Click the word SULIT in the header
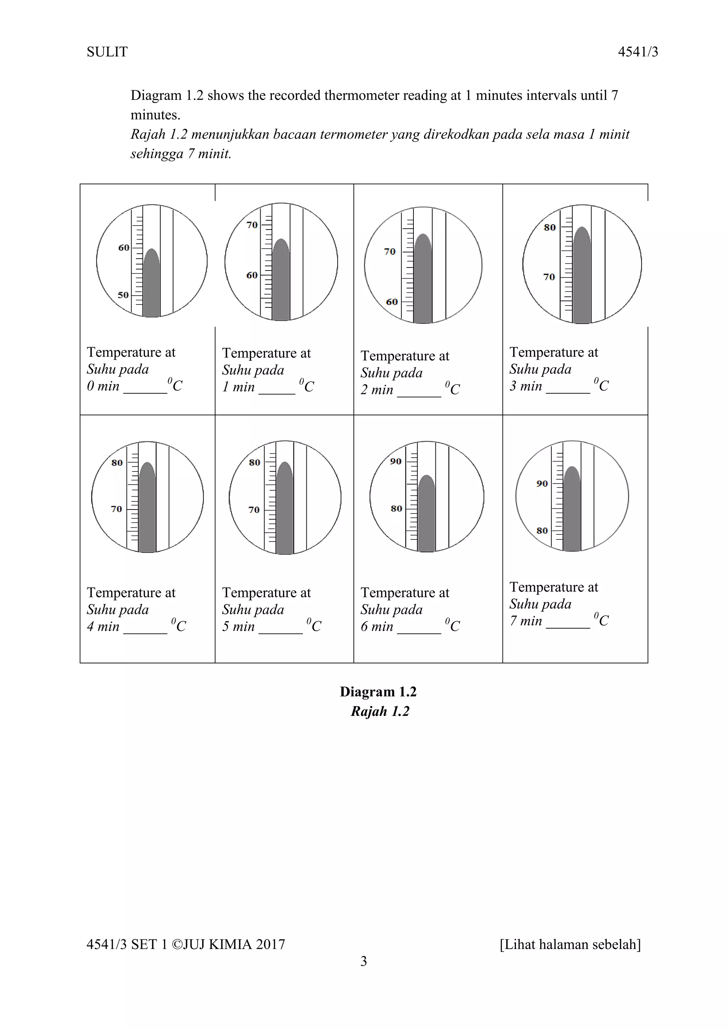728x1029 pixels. click(x=107, y=52)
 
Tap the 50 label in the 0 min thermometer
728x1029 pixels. click(x=123, y=295)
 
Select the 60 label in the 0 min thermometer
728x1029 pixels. click(x=123, y=247)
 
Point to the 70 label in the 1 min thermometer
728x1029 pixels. click(x=252, y=225)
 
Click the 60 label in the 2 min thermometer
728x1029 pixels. click(x=391, y=302)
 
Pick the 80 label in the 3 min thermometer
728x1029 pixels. click(x=550, y=227)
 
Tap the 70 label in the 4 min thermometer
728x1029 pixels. click(x=116, y=509)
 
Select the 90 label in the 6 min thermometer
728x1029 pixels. click(x=395, y=461)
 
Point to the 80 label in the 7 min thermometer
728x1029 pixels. click(x=542, y=530)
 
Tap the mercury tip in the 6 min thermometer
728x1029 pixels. click(x=426, y=477)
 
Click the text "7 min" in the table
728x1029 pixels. click(x=525, y=621)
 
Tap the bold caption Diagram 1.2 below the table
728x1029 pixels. click(x=378, y=691)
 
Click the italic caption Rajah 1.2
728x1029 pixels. click(x=380, y=711)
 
